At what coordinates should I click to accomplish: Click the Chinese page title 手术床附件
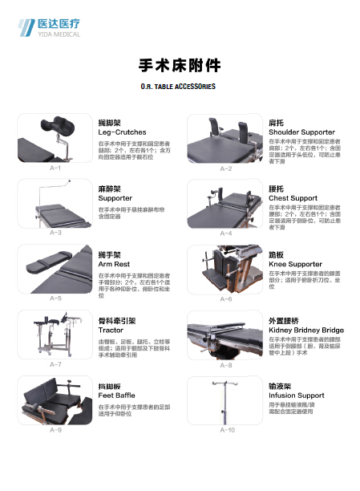(180, 65)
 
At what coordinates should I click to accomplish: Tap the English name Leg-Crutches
(116, 132)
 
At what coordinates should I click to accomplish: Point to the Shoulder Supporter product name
(301, 132)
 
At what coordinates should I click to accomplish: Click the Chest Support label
(293, 198)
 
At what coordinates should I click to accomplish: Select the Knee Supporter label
(295, 264)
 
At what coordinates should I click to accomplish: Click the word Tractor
(111, 330)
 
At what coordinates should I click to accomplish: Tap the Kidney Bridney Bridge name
(305, 330)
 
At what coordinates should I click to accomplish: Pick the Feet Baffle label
(116, 396)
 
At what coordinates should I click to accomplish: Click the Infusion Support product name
(296, 396)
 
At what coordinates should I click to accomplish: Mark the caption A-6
(225, 298)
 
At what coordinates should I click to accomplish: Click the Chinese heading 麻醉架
(110, 188)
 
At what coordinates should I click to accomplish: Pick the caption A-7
(55, 364)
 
